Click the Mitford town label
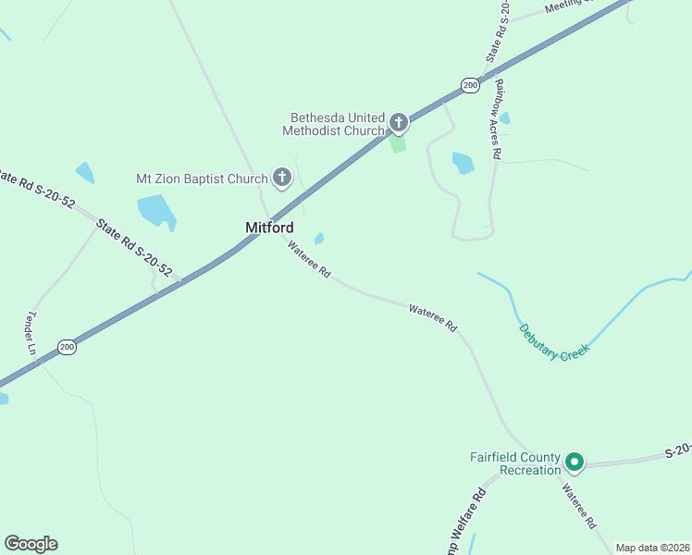click(x=269, y=228)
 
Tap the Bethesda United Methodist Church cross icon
click(x=399, y=121)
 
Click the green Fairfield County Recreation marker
click(x=574, y=461)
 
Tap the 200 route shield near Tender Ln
click(x=67, y=347)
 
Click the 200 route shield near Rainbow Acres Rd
click(x=470, y=85)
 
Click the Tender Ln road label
click(x=30, y=334)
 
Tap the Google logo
click(x=31, y=544)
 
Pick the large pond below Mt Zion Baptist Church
click(x=156, y=211)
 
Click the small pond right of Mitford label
click(x=319, y=239)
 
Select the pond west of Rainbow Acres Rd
click(x=463, y=164)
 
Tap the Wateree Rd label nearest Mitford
click(x=309, y=260)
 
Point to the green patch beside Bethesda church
click(x=398, y=144)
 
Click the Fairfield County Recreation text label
click(x=515, y=463)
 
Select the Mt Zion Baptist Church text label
click(x=202, y=178)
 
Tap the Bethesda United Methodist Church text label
click(x=337, y=124)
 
